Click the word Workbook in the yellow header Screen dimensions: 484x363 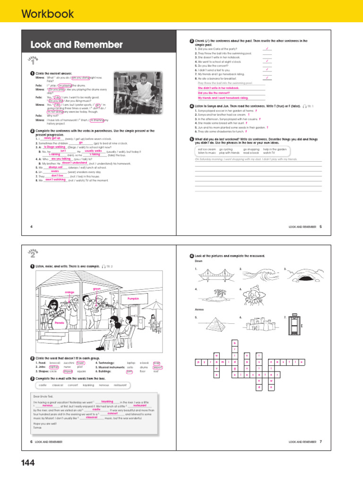coord(47,14)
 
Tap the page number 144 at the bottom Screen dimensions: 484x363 coord(28,463)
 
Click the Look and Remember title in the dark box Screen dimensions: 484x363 coord(77,45)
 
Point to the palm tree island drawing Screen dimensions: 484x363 coord(214,298)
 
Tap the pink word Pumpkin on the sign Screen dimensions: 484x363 coord(135,299)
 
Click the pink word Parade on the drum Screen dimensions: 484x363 coord(59,323)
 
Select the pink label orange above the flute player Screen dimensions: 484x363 coord(69,293)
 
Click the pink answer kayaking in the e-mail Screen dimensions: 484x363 coord(107,401)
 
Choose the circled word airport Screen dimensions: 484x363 coord(157,367)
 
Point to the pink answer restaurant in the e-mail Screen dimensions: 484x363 coord(140,406)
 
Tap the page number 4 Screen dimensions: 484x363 coord(31,227)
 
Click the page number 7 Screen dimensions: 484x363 coord(320,441)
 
